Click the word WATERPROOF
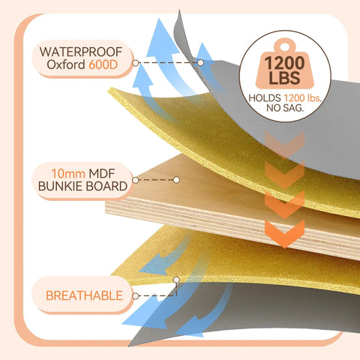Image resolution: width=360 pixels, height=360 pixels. (x=81, y=52)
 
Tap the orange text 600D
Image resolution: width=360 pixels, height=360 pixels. (x=103, y=64)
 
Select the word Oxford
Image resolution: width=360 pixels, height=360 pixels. (x=66, y=64)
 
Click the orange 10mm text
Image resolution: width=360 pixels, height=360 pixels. (x=68, y=173)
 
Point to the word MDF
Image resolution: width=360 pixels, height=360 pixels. (x=102, y=173)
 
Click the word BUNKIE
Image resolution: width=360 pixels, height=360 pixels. (x=60, y=186)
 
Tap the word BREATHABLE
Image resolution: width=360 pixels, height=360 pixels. (x=84, y=295)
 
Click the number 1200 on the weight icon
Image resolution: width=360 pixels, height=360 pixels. (x=284, y=63)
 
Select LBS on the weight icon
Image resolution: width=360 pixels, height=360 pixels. (x=284, y=77)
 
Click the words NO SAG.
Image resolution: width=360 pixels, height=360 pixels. (x=285, y=108)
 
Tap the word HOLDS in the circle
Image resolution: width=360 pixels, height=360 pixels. (x=265, y=98)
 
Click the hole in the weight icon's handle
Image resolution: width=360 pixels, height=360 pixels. (x=285, y=46)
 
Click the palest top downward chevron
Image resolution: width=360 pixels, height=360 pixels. (x=284, y=145)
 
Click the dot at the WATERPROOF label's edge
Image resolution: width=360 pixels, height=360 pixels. (x=136, y=63)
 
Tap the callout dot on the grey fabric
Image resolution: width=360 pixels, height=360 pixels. (x=200, y=63)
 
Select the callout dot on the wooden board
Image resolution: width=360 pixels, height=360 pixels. (x=176, y=180)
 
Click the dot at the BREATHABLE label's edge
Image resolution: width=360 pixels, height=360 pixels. (x=135, y=296)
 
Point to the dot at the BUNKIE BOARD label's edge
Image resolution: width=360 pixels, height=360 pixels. (x=136, y=180)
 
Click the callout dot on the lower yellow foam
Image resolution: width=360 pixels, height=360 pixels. (x=176, y=280)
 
